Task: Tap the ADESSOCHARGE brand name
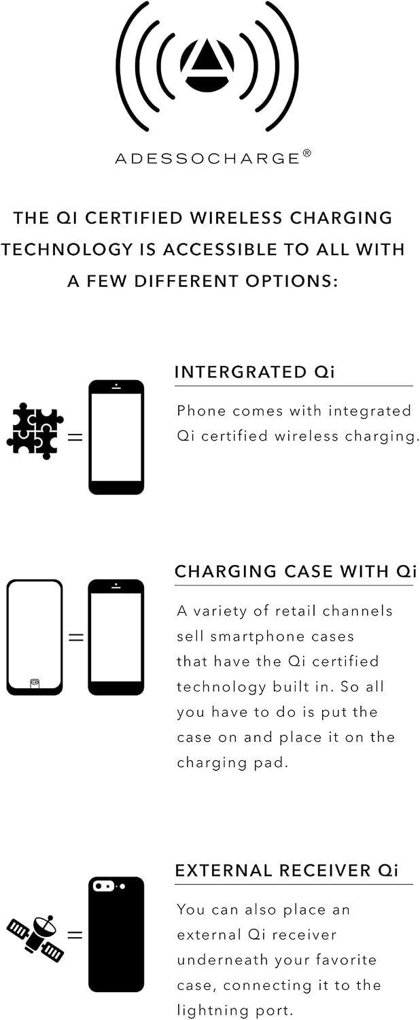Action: tap(207, 158)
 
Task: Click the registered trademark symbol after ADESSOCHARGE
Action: tap(307, 153)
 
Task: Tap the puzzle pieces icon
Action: tap(35, 430)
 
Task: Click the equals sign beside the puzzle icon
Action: tap(75, 437)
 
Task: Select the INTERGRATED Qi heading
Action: tap(254, 372)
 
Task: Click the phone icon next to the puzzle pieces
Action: tap(116, 437)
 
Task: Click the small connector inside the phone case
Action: tap(35, 682)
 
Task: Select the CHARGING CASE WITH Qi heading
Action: tap(296, 571)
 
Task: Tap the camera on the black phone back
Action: tap(104, 886)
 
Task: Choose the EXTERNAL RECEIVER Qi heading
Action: tap(287, 870)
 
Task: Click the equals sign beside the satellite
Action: tap(75, 935)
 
